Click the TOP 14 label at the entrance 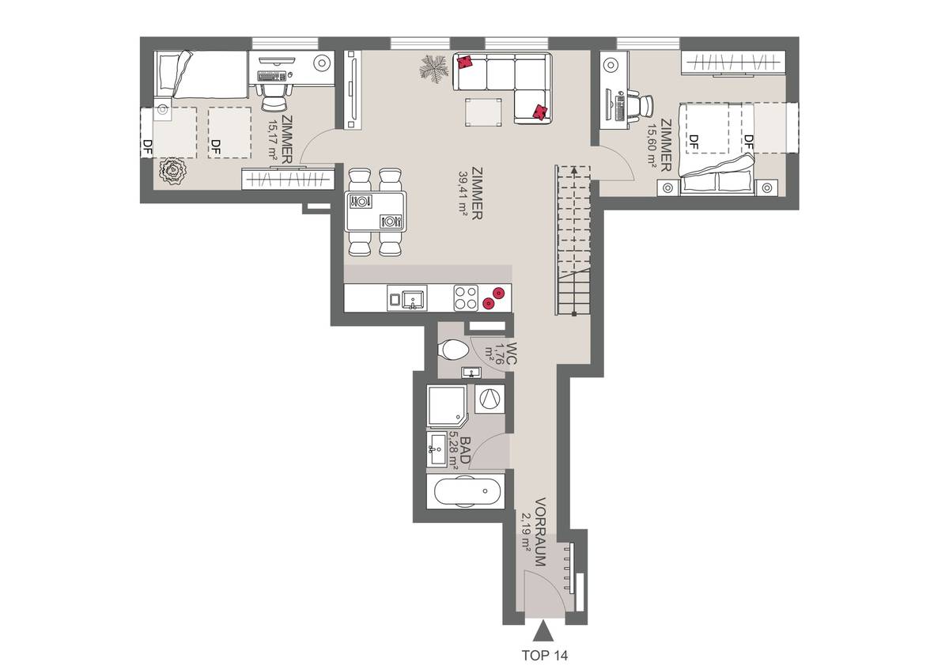pyautogui.click(x=544, y=655)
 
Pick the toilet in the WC pyautogui.click(x=454, y=349)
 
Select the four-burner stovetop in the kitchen pyautogui.click(x=465, y=297)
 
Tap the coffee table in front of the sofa pyautogui.click(x=484, y=112)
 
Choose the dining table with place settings pyautogui.click(x=376, y=211)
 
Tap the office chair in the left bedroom pyautogui.click(x=274, y=98)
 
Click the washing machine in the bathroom pyautogui.click(x=489, y=399)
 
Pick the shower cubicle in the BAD pyautogui.click(x=448, y=404)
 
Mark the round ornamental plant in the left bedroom pyautogui.click(x=171, y=171)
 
